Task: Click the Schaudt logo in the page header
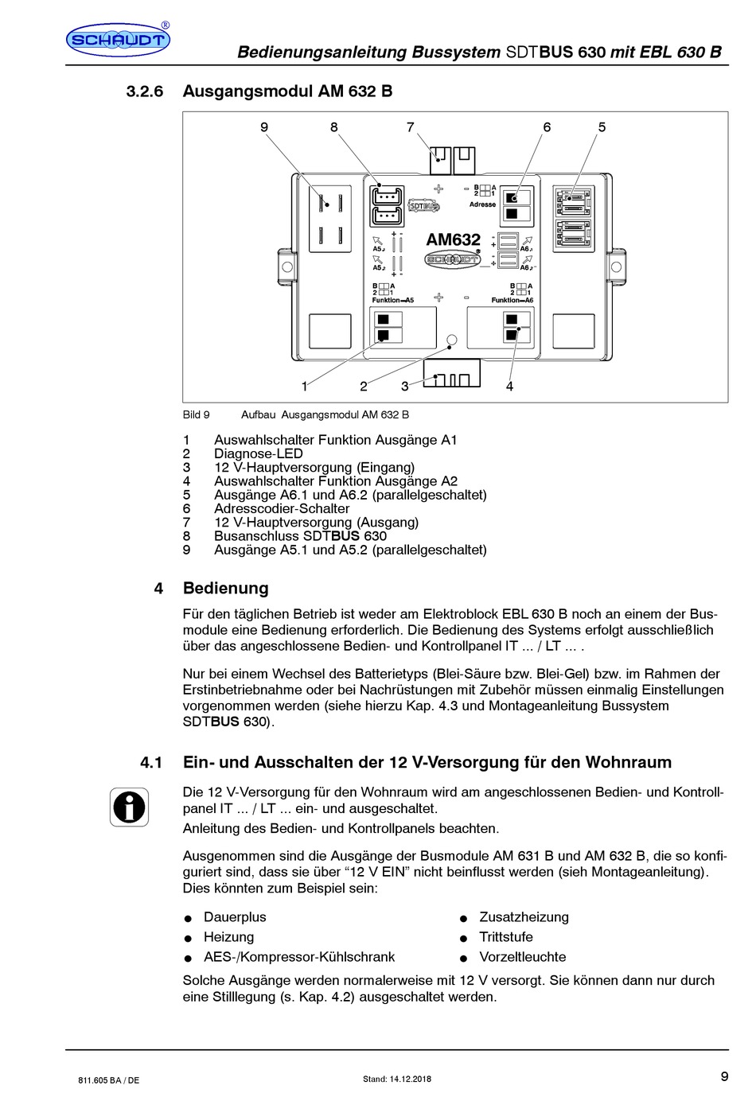point(118,40)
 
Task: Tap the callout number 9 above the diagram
point(264,127)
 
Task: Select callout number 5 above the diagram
point(602,127)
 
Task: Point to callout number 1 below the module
point(304,387)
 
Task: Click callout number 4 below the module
point(509,387)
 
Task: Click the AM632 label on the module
point(453,239)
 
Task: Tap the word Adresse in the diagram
point(482,204)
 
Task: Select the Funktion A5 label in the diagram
point(392,301)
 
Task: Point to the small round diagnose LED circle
point(451,340)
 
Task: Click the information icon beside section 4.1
point(129,807)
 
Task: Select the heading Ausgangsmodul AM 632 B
point(287,91)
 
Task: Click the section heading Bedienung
point(225,589)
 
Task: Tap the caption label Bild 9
point(197,414)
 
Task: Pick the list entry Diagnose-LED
point(258,453)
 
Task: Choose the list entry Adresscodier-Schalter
point(282,508)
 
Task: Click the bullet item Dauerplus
point(235,917)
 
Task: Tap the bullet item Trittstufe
point(505,937)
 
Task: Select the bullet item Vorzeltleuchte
point(522,957)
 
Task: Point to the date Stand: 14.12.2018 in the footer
point(397,1079)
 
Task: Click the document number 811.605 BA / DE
point(109,1079)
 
